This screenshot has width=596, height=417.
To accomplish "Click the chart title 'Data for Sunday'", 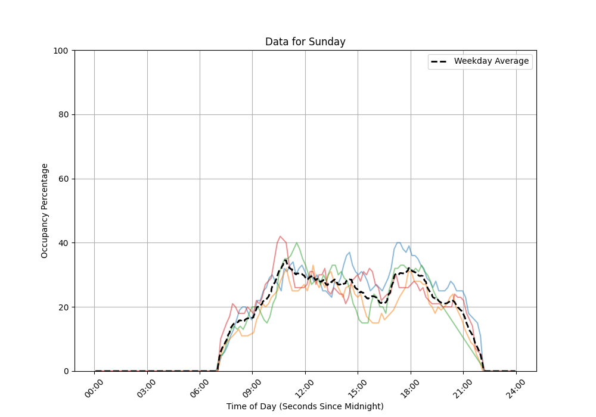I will point(305,42).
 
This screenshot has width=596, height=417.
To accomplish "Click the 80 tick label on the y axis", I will point(63,115).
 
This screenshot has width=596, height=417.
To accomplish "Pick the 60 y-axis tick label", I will point(63,179).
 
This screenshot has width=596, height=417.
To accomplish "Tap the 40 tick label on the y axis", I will point(63,243).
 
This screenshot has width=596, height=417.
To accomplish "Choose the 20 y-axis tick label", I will point(63,307).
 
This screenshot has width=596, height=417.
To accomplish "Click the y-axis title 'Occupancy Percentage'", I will point(45,211).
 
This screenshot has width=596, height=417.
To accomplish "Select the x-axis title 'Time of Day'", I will point(305,406).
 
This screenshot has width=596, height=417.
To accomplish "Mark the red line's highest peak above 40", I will point(280,236).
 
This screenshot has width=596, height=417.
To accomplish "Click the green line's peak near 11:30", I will point(296,242).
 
